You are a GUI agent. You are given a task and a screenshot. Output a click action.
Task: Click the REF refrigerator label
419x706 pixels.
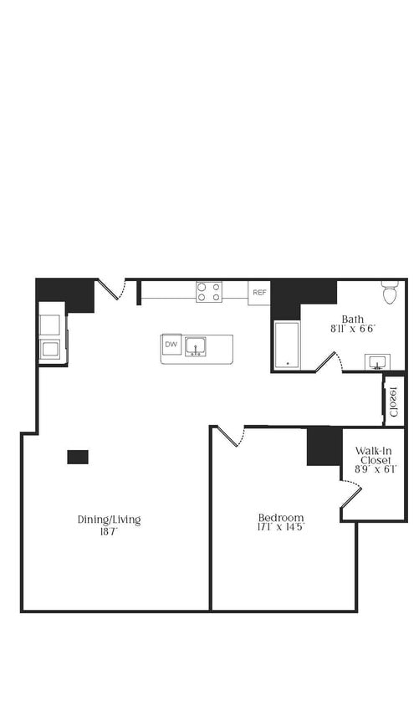click(x=259, y=293)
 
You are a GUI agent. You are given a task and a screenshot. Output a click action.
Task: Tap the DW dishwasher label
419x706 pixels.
click(x=171, y=345)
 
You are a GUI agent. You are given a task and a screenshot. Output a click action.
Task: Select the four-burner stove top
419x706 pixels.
click(x=209, y=292)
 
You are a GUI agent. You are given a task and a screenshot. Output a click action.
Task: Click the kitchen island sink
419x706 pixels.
click(x=196, y=346)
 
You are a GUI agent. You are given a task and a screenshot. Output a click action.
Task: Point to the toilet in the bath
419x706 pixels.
click(x=389, y=292)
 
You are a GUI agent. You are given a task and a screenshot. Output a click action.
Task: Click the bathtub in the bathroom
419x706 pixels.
click(x=287, y=345)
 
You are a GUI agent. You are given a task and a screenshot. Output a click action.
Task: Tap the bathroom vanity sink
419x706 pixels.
click(x=377, y=362)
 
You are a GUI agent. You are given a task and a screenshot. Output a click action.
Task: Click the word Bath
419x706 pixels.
click(x=353, y=320)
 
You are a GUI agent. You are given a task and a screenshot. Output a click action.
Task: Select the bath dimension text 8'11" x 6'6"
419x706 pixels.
click(x=353, y=329)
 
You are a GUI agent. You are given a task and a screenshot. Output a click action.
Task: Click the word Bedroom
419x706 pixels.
click(x=281, y=517)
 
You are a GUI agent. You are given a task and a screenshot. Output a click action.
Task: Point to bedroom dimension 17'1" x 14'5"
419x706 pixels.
click(x=281, y=527)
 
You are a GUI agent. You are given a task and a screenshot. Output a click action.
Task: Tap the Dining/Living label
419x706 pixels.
click(x=109, y=519)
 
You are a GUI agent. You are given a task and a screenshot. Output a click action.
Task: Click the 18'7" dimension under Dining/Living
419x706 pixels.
click(x=109, y=531)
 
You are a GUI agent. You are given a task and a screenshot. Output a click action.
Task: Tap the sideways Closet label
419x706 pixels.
click(x=393, y=402)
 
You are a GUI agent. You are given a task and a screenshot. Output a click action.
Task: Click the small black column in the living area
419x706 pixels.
click(x=78, y=457)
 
